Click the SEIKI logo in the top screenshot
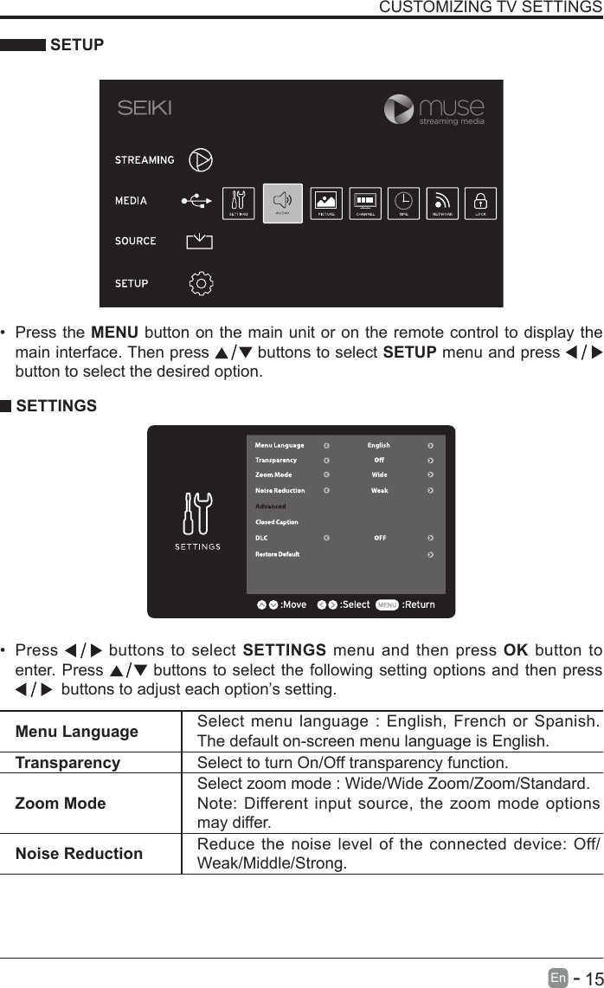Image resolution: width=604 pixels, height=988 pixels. [145, 108]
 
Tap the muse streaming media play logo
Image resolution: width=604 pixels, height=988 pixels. [399, 109]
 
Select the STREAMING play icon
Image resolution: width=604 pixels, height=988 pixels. [201, 159]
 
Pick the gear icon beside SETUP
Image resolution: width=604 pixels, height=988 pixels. [201, 283]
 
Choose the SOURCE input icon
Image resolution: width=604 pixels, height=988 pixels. [199, 241]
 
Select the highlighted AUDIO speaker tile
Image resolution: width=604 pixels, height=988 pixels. [282, 203]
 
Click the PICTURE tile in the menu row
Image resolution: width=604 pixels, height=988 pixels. [326, 203]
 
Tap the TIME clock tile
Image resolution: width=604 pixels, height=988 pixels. [403, 203]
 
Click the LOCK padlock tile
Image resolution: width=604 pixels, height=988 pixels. [480, 203]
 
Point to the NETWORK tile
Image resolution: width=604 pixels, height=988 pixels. [443, 203]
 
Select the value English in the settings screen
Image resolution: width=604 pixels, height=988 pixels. [378, 446]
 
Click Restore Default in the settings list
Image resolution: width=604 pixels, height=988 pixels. [277, 554]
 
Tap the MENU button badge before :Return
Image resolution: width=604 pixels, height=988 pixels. [387, 604]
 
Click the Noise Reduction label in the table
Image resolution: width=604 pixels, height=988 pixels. [79, 853]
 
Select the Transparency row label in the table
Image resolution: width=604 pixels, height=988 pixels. [67, 763]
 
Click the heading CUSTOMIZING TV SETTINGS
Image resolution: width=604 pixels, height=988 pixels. [491, 8]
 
